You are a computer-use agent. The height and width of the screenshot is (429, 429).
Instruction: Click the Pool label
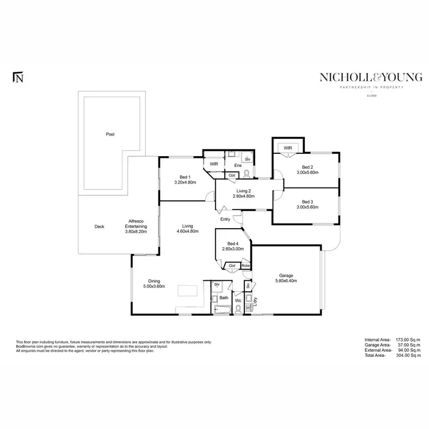click(x=110, y=134)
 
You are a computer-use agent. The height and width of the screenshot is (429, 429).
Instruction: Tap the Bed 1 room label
click(x=184, y=177)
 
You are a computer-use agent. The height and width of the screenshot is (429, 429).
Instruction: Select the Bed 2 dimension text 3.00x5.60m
click(x=307, y=172)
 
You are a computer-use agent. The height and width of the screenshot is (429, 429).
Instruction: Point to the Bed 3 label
click(x=308, y=201)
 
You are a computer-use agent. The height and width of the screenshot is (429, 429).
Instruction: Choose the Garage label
click(x=286, y=274)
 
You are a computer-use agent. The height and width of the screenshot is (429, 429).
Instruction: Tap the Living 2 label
click(x=243, y=190)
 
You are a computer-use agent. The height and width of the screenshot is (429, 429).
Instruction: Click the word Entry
click(x=226, y=219)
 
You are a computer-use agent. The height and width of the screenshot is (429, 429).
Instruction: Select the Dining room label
click(x=154, y=281)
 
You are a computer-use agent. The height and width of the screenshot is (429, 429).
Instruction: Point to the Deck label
click(x=99, y=227)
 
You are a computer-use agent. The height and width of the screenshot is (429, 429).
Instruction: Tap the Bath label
click(x=224, y=297)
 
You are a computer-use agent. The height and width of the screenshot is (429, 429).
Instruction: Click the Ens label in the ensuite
click(x=237, y=165)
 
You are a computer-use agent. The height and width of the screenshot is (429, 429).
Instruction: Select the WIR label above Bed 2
click(x=288, y=148)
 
